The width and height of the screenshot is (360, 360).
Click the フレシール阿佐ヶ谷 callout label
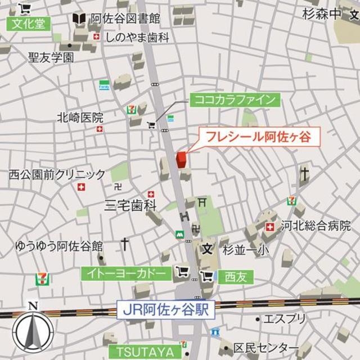click(x=258, y=136)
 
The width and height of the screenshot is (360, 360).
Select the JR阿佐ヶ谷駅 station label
click(x=166, y=309)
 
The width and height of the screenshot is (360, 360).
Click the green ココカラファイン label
click(x=235, y=100)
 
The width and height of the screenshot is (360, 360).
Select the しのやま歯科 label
click(x=137, y=37)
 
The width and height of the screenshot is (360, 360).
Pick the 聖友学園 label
click(x=51, y=57)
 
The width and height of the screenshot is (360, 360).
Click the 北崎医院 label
click(x=80, y=118)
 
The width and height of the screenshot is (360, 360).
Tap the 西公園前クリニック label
click(x=57, y=174)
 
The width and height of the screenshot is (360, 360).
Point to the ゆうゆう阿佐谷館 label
click(x=59, y=246)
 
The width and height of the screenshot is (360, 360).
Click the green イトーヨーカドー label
click(x=127, y=273)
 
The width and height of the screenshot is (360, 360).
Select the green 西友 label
click(x=236, y=276)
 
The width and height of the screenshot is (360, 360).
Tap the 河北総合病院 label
click(x=316, y=226)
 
